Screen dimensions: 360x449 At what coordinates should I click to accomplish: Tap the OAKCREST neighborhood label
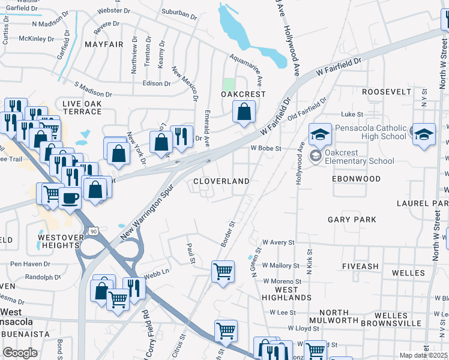(x=243, y=94)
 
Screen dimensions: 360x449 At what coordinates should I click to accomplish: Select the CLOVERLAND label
(x=221, y=181)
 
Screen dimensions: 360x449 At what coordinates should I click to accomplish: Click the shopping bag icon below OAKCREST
(x=244, y=112)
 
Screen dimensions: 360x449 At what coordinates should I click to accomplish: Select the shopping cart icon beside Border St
(x=223, y=271)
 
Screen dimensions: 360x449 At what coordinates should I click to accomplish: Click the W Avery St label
(x=279, y=242)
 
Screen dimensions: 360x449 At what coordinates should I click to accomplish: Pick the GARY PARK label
(x=351, y=220)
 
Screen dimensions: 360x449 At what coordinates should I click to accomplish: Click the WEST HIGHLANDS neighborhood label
(x=286, y=293)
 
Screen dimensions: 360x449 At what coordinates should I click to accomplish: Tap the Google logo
(x=20, y=352)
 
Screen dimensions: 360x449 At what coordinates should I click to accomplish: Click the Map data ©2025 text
(x=423, y=355)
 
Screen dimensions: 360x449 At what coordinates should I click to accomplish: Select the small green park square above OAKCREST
(x=228, y=83)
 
